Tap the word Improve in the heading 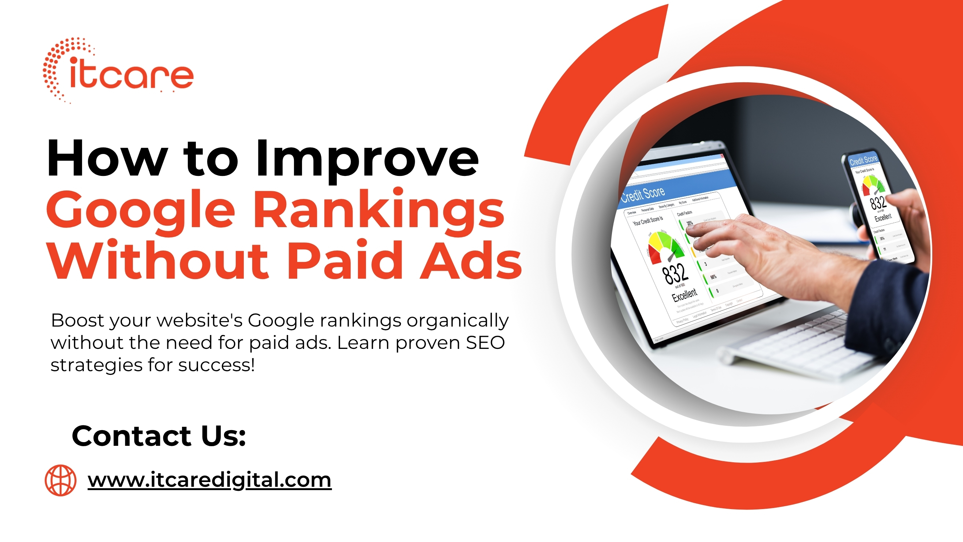coord(367,158)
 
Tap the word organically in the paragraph coord(458,321)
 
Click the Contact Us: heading coord(159,436)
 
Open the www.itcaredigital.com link coord(209,479)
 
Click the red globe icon coord(60,480)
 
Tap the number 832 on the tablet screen coord(675,274)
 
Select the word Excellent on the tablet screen coord(684,296)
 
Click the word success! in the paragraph coord(216,365)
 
